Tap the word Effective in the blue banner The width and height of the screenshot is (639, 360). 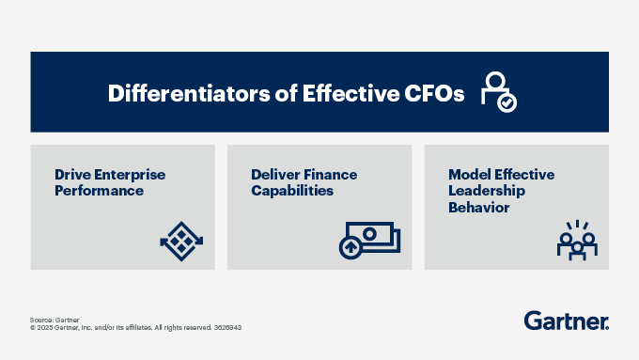pos(344,94)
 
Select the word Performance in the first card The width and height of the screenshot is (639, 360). pos(99,191)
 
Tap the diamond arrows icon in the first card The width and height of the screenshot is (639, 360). pos(181,241)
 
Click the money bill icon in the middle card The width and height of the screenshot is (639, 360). pos(368,240)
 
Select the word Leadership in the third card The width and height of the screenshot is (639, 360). pos(488,191)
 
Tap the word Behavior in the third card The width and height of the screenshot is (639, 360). pos(478,207)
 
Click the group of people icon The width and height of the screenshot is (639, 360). pos(577,240)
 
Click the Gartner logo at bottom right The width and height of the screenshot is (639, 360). pos(566,320)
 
